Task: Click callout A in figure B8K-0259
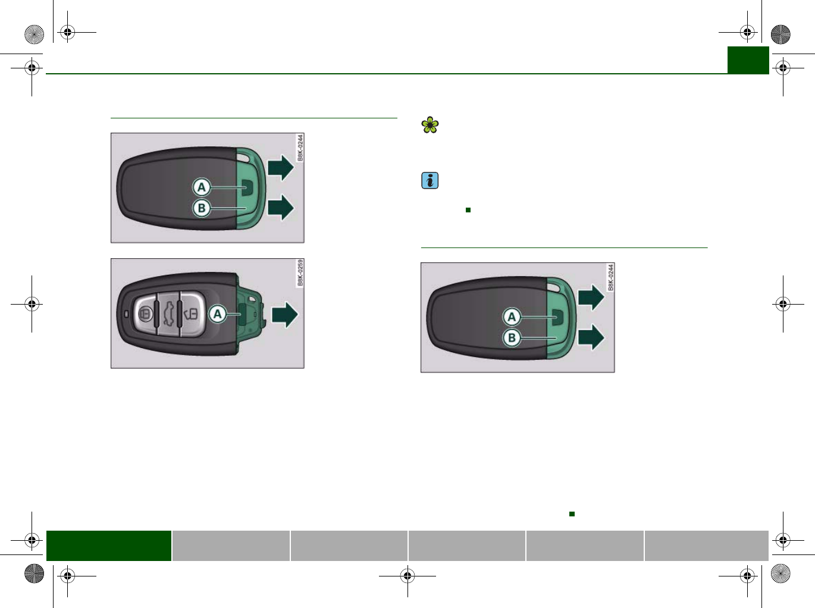218,314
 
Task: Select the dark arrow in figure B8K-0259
284,315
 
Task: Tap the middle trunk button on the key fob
168,314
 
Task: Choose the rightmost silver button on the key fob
191,314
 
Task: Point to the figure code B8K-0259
300,272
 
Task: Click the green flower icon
430,125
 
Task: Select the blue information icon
430,180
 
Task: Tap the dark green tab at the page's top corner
748,60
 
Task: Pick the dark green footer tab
109,546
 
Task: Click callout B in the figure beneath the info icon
512,338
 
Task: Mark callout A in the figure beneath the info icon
512,317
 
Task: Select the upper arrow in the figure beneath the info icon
591,297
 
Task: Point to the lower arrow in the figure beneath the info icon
591,337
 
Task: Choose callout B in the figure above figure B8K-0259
202,208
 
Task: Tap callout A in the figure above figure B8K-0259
202,187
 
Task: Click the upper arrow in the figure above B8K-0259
281,167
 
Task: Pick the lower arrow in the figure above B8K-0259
281,208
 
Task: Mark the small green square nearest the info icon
468,210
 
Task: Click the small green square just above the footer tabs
572,513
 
